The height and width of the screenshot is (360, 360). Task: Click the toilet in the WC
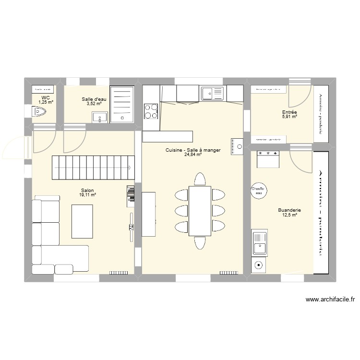pyautogui.click(x=39, y=112)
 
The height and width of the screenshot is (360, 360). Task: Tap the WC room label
pyautogui.click(x=46, y=97)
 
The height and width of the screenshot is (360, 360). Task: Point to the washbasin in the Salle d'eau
pyautogui.click(x=100, y=116)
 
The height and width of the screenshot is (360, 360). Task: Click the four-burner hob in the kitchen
pyautogui.click(x=151, y=111)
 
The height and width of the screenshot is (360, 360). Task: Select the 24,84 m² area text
pyautogui.click(x=192, y=155)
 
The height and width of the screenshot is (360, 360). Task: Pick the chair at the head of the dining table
pyautogui.click(x=199, y=179)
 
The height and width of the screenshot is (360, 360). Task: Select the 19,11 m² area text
pyautogui.click(x=88, y=195)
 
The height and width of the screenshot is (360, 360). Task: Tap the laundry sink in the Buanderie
pyautogui.click(x=259, y=243)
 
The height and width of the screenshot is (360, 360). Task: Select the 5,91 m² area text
pyautogui.click(x=289, y=117)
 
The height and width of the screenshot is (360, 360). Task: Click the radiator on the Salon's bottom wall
pyautogui.click(x=118, y=273)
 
